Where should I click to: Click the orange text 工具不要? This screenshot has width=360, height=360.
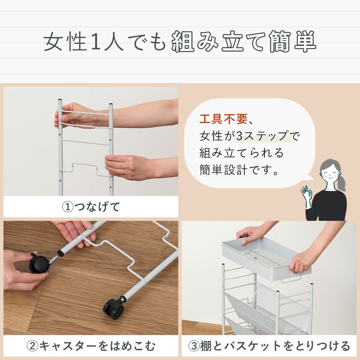(x=223, y=119)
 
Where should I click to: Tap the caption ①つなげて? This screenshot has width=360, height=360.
(x=91, y=207)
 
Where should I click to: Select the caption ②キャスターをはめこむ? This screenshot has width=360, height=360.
(x=91, y=346)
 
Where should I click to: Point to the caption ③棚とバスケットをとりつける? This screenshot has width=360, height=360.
(x=269, y=346)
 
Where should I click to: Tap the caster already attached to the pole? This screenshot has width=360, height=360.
(x=114, y=308)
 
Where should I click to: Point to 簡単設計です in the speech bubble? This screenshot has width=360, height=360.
(x=239, y=170)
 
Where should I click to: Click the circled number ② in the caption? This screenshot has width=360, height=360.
(x=33, y=346)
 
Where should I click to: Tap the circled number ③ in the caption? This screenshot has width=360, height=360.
(x=194, y=346)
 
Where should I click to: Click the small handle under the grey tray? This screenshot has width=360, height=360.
(x=291, y=280)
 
